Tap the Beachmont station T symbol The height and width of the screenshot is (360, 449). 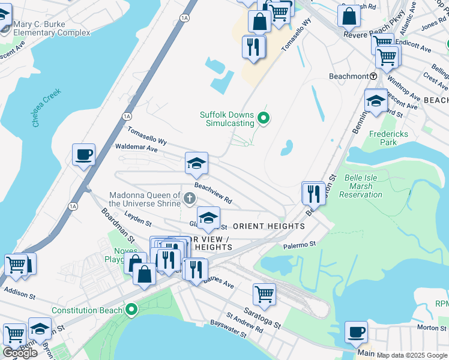373,76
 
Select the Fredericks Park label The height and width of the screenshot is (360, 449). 383,138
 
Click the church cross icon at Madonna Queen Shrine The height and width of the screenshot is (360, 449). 190,199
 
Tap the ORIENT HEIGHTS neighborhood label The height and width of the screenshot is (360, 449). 268,226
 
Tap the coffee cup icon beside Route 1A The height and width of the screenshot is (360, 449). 83,155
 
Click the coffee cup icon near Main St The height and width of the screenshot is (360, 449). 356,332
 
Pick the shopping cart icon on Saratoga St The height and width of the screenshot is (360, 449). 264,294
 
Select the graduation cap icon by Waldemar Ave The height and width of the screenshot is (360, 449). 196,163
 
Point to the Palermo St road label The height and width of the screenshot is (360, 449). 300,245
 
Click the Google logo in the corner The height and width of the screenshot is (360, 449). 20,352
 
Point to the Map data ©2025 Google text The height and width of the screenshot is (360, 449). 412,355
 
